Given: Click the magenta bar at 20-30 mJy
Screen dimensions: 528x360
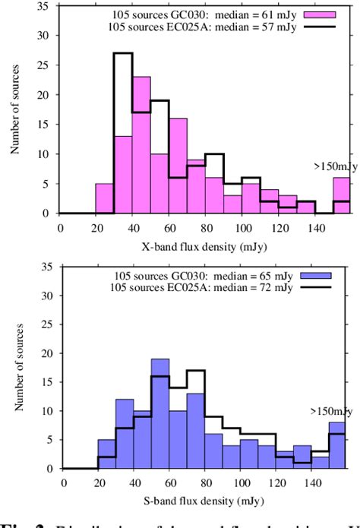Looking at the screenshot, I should (104, 198).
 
